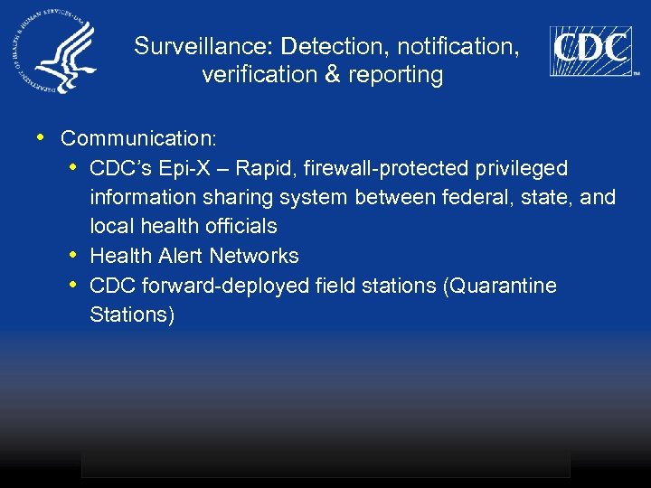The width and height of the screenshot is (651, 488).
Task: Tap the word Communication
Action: point(138,138)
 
